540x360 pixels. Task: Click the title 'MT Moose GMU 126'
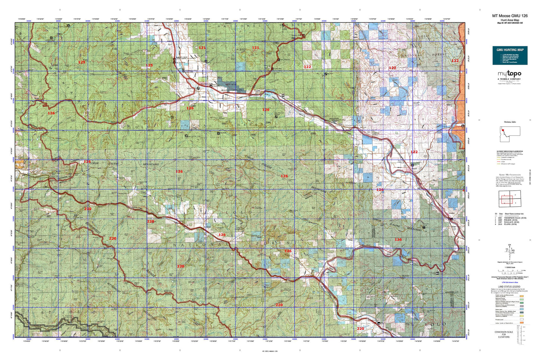click(x=510, y=16)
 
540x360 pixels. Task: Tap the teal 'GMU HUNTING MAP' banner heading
click(x=510, y=50)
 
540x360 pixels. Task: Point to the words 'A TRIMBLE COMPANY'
click(x=509, y=79)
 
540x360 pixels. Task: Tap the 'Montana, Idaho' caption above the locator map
click(x=509, y=122)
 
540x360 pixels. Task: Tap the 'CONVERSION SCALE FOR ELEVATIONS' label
click(x=503, y=334)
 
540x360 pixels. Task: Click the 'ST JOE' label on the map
click(x=54, y=311)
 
